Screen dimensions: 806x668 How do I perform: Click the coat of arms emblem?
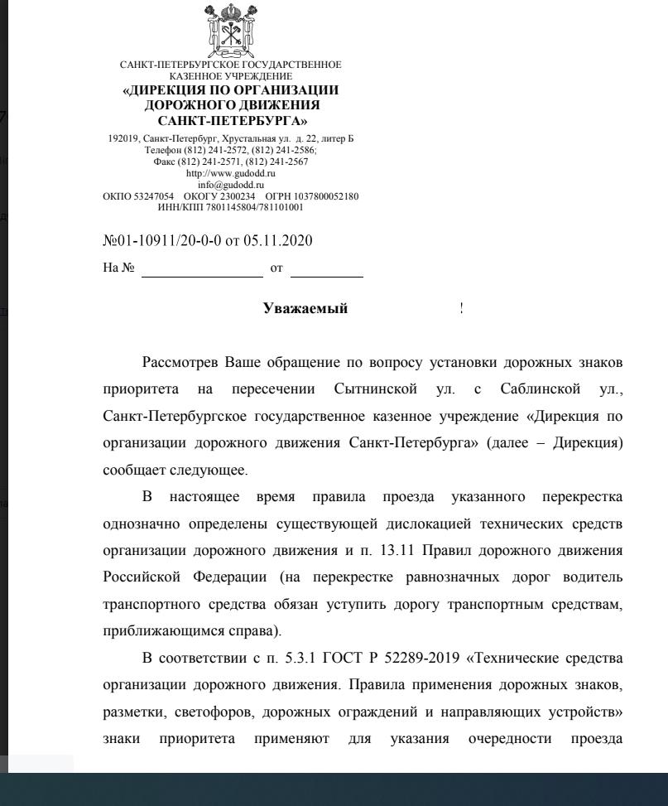pos(231,30)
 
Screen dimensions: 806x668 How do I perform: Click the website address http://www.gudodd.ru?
pos(231,174)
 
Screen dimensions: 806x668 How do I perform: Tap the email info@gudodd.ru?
pos(231,185)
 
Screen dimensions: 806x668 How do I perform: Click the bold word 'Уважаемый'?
pos(305,309)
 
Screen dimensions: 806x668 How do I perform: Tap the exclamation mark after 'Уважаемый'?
pos(461,309)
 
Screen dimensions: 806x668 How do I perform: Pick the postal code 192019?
pos(124,138)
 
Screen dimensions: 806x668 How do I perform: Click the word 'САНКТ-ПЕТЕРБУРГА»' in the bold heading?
pos(232,121)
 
